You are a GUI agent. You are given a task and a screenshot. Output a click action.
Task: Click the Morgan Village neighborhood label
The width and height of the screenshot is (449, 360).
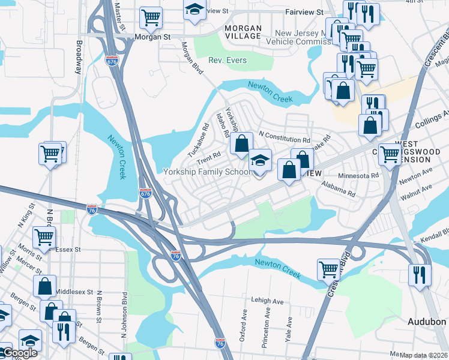(x=243, y=32)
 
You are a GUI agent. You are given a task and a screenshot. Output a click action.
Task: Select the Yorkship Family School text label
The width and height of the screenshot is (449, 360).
(x=207, y=172)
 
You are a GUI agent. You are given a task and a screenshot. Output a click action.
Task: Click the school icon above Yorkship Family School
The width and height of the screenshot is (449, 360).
(x=260, y=161)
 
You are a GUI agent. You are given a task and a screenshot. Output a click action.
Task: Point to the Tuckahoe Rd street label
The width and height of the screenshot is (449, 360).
(x=197, y=140)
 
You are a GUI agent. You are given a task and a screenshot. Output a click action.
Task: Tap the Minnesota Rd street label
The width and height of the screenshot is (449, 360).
(x=358, y=176)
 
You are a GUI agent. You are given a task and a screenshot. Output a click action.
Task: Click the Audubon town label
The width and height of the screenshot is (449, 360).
(x=427, y=322)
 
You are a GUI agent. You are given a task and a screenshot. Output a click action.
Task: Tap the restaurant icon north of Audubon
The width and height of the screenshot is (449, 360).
(x=418, y=274)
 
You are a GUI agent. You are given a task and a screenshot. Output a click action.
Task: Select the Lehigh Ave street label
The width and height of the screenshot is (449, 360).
(x=267, y=301)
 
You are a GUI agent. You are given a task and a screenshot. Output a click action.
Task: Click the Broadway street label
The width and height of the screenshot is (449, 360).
(x=79, y=57)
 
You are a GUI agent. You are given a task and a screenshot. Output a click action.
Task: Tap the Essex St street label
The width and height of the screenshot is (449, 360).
(x=67, y=248)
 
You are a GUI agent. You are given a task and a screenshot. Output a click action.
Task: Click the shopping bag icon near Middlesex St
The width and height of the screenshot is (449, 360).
(x=45, y=287)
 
